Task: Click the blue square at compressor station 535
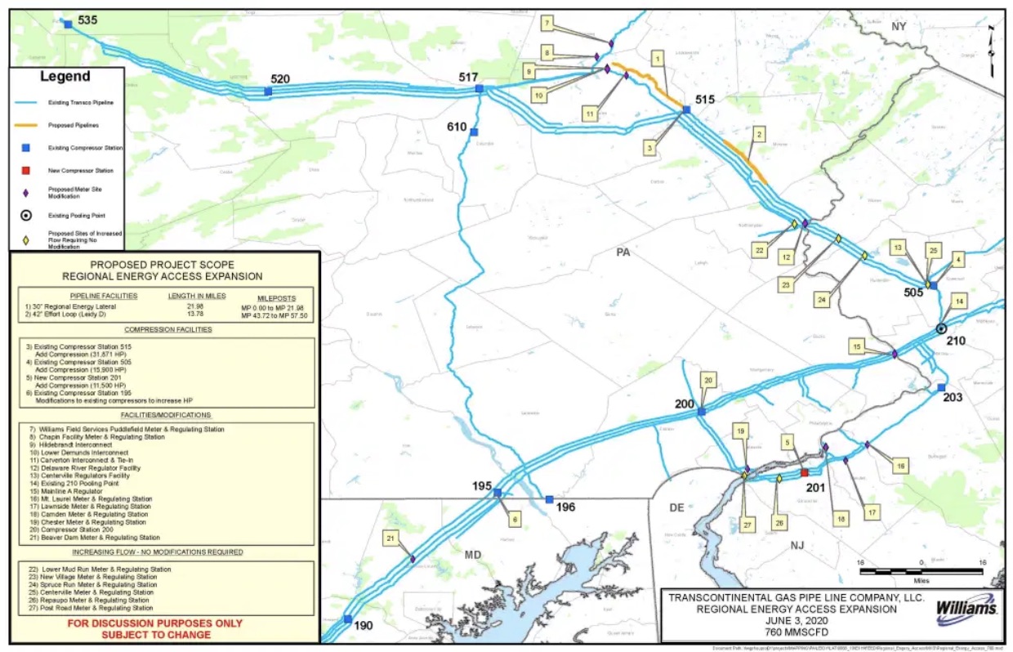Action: [x=68, y=25]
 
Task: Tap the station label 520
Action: [x=280, y=78]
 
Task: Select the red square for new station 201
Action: [x=804, y=473]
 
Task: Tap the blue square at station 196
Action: [x=549, y=499]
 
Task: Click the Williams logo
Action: [x=966, y=609]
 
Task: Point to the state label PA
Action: [x=623, y=252]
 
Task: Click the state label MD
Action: [x=473, y=555]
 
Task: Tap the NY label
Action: [x=899, y=27]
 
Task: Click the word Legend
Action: [x=66, y=77]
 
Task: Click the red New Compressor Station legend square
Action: [x=26, y=171]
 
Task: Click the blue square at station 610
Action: [x=474, y=132]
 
